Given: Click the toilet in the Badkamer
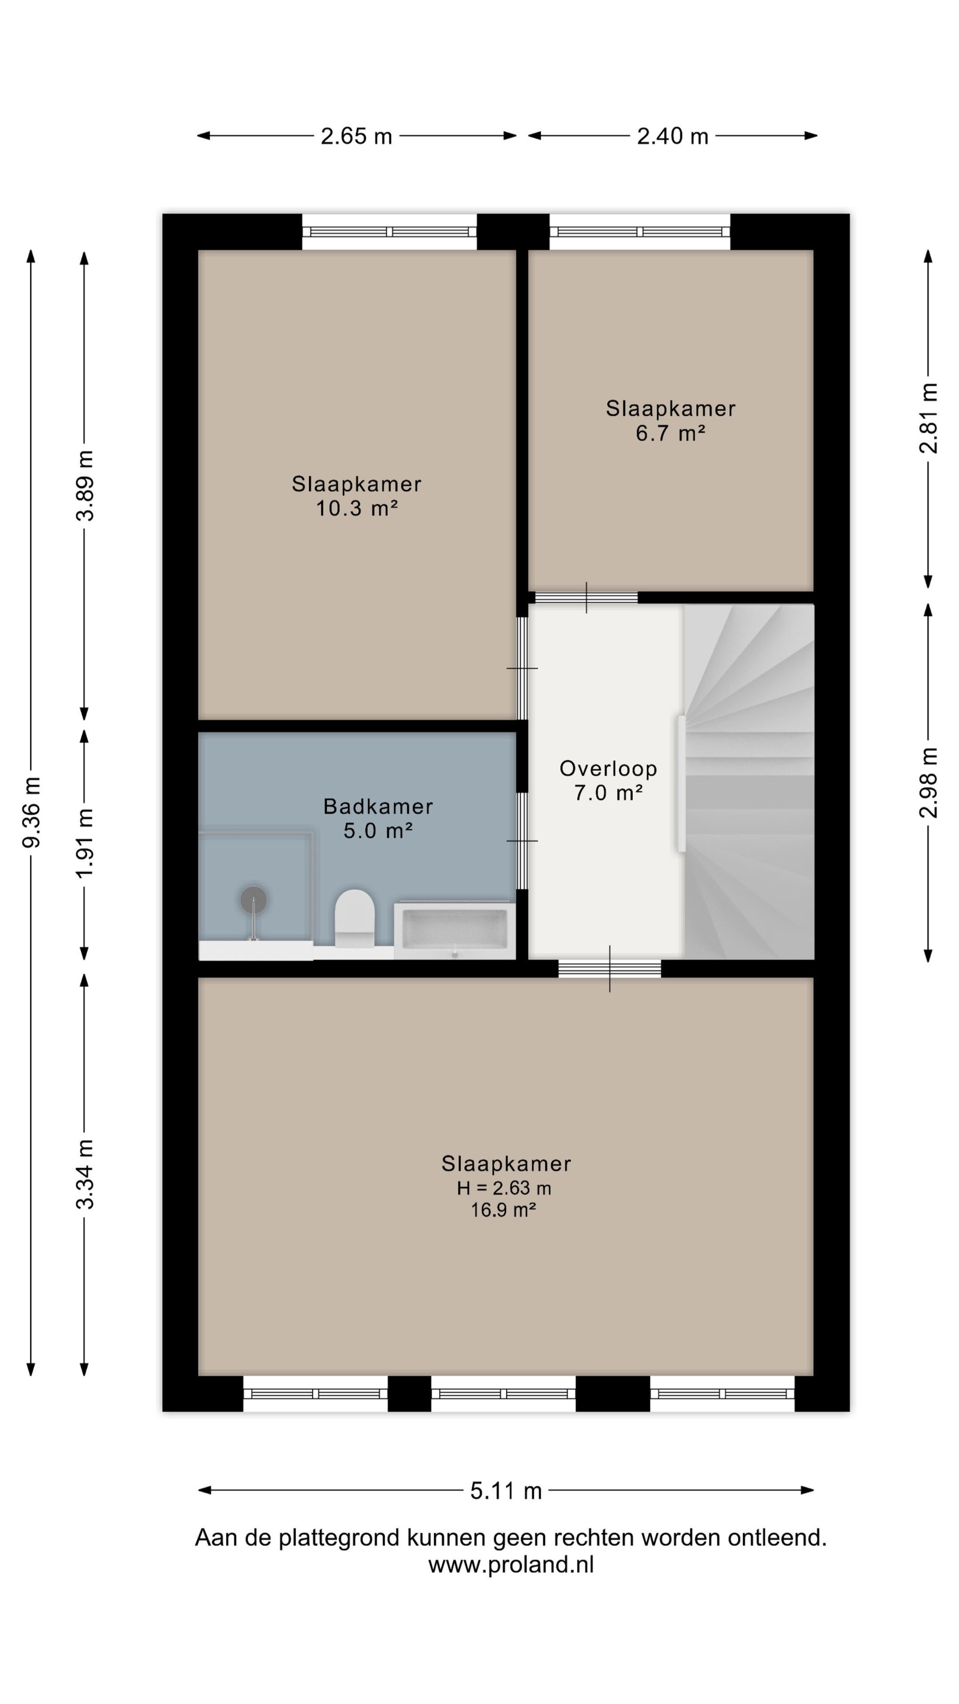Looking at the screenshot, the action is (354, 918).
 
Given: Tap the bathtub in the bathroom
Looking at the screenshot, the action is (455, 930).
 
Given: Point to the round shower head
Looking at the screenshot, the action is (253, 899).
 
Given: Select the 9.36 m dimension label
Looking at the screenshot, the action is (31, 812).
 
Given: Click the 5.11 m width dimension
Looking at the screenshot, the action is (506, 1490).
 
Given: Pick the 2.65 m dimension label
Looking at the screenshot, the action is (357, 136).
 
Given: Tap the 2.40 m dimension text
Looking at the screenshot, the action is (672, 136).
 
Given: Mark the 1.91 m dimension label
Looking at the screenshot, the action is (85, 843).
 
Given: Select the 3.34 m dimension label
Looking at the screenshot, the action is (85, 1174).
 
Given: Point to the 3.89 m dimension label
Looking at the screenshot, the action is (85, 486).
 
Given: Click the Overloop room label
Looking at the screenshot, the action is (608, 769).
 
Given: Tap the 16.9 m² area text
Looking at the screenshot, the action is (503, 1210).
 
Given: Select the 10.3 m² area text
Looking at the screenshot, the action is (357, 508).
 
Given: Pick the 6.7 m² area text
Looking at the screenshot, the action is (671, 433).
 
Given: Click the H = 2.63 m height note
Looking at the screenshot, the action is (504, 1188).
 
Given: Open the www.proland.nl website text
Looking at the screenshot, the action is (511, 1565).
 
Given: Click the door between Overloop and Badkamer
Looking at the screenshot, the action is (522, 841).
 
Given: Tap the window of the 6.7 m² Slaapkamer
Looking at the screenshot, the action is (640, 231).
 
